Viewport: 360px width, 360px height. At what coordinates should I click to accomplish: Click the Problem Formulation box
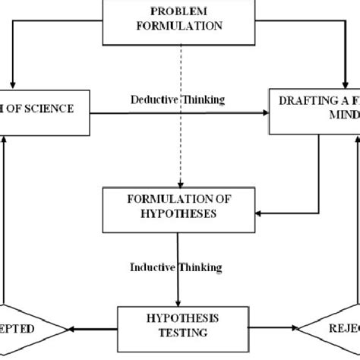pyautogui.click(x=179, y=18)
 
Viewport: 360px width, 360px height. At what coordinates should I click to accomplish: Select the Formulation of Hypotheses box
pyautogui.click(x=179, y=206)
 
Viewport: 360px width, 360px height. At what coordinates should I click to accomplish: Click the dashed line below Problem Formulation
pyautogui.click(x=179, y=114)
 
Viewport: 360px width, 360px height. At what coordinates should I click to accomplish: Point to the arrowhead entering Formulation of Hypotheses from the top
pyautogui.click(x=179, y=185)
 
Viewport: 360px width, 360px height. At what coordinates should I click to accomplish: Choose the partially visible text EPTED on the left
pyautogui.click(x=23, y=329)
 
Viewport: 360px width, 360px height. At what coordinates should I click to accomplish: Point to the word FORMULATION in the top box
pyautogui.click(x=179, y=25)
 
